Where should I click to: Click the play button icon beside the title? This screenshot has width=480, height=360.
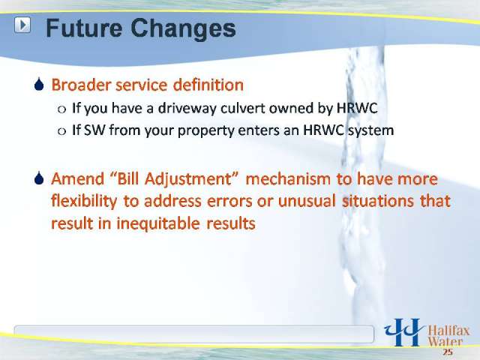[22, 25]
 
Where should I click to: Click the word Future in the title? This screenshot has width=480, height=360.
[84, 28]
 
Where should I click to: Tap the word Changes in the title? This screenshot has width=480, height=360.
[183, 28]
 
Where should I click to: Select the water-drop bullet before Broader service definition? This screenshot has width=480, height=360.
[39, 85]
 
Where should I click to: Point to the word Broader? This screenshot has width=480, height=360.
[81, 85]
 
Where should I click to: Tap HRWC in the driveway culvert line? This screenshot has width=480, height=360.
[357, 108]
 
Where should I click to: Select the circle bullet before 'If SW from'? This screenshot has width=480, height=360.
[61, 131]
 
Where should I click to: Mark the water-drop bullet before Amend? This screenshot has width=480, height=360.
[39, 178]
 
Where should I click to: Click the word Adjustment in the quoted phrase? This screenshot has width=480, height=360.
[187, 179]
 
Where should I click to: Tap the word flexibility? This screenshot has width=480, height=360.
[84, 202]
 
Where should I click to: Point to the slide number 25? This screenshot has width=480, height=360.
[447, 352]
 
